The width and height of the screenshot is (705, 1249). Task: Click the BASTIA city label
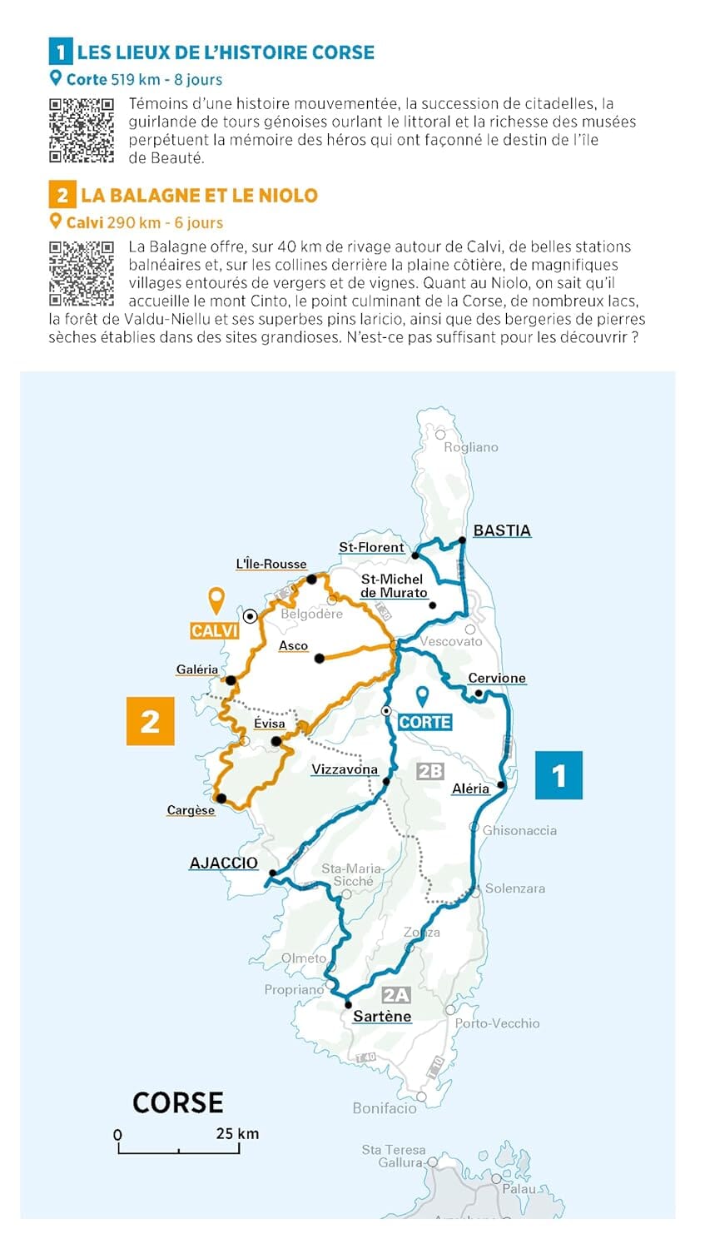(501, 530)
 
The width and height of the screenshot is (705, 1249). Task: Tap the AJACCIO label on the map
(223, 863)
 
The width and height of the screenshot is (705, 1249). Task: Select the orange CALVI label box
(215, 631)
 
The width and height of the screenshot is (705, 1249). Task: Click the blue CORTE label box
(424, 722)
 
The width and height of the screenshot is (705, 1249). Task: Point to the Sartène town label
(382, 1016)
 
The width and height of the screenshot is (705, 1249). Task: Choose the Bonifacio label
(384, 1107)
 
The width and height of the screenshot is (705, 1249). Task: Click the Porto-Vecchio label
(497, 1023)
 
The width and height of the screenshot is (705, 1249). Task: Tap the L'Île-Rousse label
(271, 564)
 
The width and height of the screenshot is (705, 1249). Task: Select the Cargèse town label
(191, 810)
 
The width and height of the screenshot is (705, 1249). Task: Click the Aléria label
(470, 789)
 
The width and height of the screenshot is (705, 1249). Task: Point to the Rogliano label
(471, 447)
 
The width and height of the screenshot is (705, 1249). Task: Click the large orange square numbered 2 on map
(150, 721)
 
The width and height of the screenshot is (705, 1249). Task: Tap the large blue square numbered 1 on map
(559, 775)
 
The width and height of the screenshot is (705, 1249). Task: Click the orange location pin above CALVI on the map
(216, 600)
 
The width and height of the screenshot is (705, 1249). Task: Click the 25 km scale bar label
(237, 1133)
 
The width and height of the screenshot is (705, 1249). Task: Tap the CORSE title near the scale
(178, 1102)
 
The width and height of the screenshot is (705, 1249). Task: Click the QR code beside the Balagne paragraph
(81, 273)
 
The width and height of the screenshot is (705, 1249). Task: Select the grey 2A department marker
(396, 995)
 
